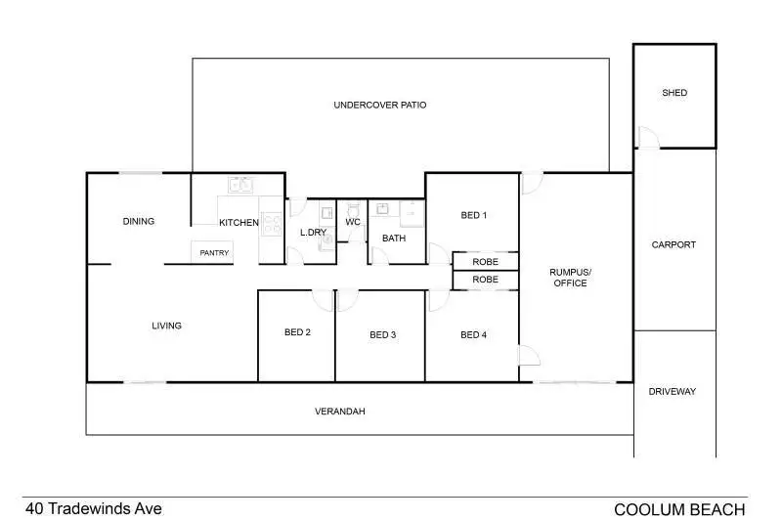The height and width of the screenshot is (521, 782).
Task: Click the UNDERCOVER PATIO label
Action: tap(380, 105)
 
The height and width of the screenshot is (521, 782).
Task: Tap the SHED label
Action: tap(674, 93)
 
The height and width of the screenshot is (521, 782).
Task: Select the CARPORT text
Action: tap(673, 244)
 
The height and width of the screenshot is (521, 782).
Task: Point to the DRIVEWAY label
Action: tap(673, 391)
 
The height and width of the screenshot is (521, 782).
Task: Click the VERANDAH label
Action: tap(340, 412)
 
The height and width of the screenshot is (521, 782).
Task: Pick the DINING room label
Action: tap(139, 221)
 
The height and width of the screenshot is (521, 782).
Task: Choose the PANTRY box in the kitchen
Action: tap(214, 253)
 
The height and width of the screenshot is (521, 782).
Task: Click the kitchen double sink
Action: tap(240, 184)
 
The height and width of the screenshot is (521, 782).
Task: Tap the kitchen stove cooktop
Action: tap(273, 221)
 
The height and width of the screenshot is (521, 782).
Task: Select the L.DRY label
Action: tap(313, 233)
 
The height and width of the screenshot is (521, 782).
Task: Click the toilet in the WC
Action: tap(354, 208)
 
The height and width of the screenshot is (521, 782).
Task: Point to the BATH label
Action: tap(394, 238)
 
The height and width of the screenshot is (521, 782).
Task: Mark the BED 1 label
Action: tap(473, 215)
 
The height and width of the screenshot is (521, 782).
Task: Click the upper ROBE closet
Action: tap(485, 262)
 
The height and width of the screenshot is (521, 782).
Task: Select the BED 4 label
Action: tap(473, 335)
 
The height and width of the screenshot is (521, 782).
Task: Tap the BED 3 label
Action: tap(382, 335)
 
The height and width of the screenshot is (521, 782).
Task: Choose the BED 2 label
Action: tap(297, 332)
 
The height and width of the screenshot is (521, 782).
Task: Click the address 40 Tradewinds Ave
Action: tap(94, 508)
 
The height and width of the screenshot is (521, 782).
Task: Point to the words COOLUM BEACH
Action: tap(679, 509)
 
